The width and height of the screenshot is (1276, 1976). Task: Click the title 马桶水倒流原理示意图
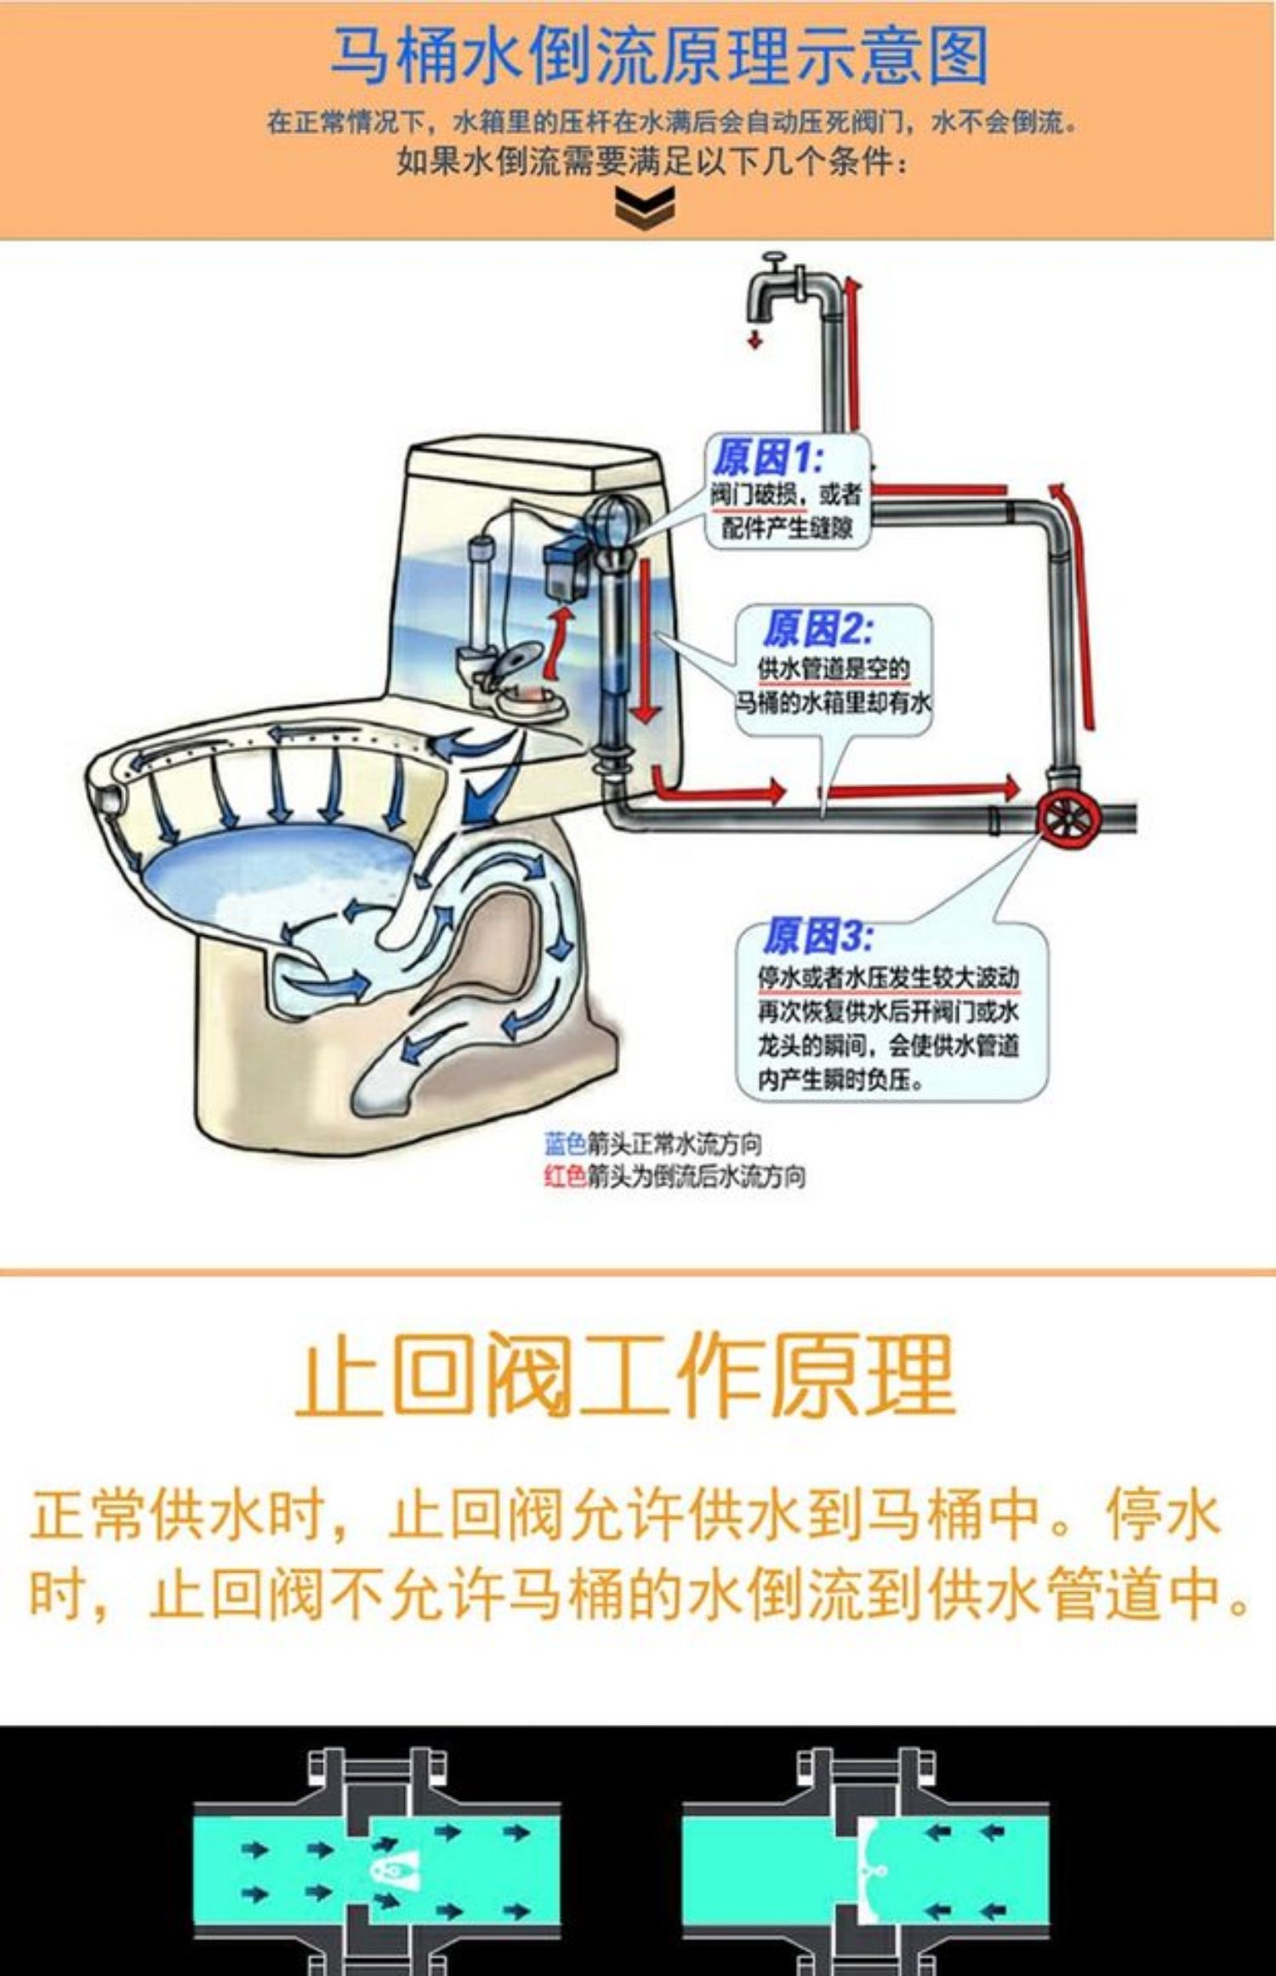(659, 55)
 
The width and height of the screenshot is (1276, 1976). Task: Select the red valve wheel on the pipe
(1068, 820)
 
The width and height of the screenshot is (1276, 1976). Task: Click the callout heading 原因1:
(766, 460)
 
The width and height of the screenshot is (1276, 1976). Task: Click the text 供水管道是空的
(834, 670)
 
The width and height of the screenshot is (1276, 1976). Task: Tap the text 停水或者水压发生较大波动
(888, 978)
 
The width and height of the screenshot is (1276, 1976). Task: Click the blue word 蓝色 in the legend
(565, 1143)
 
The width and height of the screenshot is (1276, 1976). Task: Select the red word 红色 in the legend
(565, 1176)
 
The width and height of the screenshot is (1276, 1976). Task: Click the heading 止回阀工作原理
(625, 1374)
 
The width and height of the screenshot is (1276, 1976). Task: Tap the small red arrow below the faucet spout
(754, 340)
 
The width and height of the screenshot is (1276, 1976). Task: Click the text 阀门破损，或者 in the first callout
(786, 494)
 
